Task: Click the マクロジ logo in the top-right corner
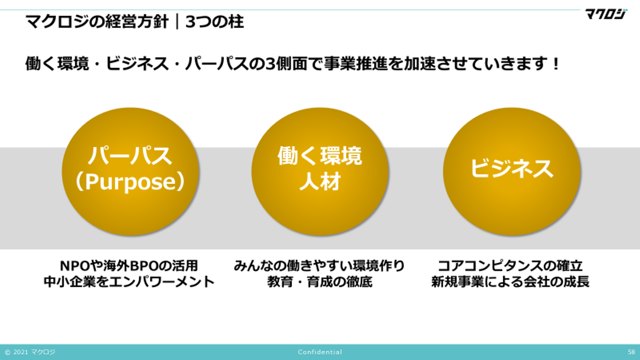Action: coord(606,14)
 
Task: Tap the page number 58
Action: coord(632,352)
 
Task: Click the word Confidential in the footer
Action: coord(320,352)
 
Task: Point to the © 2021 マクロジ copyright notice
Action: coord(30,352)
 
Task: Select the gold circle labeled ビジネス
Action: coord(512,172)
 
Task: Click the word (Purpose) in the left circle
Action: coord(130,182)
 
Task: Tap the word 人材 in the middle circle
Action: coord(320,181)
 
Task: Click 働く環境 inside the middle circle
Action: coord(320,156)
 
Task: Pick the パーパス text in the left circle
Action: coord(130,156)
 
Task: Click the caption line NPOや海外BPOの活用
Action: coord(129,266)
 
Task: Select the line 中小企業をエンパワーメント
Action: coord(129,282)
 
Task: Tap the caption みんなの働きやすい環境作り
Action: coord(320,266)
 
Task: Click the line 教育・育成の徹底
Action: coord(320,282)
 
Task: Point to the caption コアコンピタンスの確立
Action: coord(510,266)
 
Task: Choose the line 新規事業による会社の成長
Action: coord(510,282)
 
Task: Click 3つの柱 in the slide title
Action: coord(215,22)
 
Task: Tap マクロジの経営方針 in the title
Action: coord(97,22)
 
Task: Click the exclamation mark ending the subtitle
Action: coord(556,64)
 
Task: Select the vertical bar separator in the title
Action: coord(177,22)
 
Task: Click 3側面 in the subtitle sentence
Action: coord(281,64)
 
